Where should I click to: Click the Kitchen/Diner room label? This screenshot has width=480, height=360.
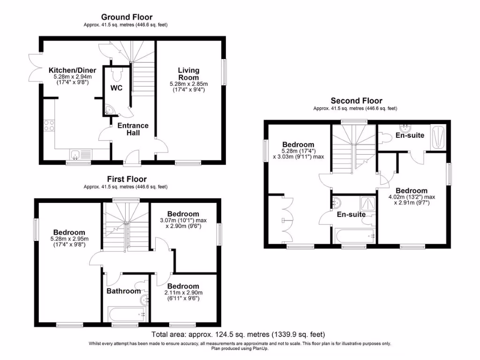tap(70, 71)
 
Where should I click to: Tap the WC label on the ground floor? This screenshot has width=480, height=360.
tap(116, 88)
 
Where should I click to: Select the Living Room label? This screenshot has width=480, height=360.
tap(188, 74)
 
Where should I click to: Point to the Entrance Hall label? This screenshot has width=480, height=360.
tap(133, 129)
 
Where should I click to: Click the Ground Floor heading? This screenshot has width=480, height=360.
tap(127, 18)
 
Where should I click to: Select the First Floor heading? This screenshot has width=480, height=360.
tap(127, 179)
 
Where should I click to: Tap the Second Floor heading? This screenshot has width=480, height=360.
tap(356, 101)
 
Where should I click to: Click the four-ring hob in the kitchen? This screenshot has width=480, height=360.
tap(49, 125)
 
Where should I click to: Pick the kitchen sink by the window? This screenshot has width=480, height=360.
tap(78, 153)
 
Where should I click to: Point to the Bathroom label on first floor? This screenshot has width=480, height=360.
tap(123, 291)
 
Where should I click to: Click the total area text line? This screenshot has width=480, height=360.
tap(238, 334)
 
